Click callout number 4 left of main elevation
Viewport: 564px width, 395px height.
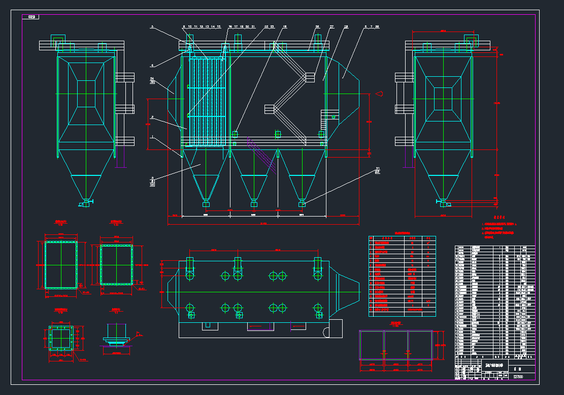click(152, 66)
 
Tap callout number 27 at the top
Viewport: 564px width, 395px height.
click(332, 26)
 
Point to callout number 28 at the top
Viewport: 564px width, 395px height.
click(346, 26)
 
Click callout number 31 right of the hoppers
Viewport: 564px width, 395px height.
click(377, 168)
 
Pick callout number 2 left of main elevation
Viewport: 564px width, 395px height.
click(152, 117)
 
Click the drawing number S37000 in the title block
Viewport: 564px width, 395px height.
click(518, 377)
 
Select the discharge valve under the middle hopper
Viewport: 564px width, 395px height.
click(254, 203)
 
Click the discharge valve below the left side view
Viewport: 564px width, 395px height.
click(86, 203)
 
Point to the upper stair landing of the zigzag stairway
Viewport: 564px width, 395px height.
click(309, 77)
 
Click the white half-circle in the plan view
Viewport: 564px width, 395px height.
click(326, 332)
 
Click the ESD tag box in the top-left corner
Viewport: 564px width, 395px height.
click(31, 17)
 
